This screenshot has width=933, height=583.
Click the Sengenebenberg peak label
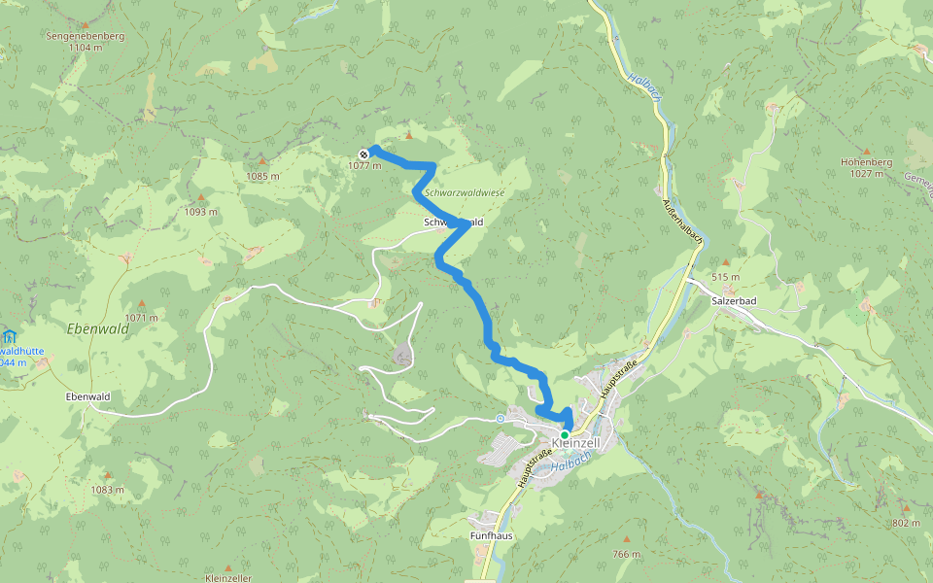pos(86,35)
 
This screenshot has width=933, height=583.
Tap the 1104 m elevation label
pos(86,47)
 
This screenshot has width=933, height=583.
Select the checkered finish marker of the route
pos(363,154)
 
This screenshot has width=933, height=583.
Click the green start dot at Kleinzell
pos(565,434)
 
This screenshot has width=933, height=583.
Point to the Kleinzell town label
pos(575,443)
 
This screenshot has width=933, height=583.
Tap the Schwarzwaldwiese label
pos(466,193)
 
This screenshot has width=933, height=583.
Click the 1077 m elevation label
pos(363,166)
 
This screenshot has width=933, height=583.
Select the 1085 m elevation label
pos(262,176)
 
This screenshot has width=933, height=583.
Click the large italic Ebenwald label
pos(97,328)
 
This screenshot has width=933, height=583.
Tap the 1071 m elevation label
pos(141,318)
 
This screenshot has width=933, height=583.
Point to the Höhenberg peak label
pos(866,162)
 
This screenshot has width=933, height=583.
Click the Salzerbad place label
pos(734,301)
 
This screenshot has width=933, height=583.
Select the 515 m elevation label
pos(725,277)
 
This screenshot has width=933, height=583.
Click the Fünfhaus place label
pos(491,535)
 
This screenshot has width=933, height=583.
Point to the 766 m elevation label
pos(626,554)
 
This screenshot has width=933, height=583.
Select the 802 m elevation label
pos(905,523)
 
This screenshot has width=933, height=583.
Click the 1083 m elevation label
pos(108,490)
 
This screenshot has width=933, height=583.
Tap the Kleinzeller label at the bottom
pos(228,578)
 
